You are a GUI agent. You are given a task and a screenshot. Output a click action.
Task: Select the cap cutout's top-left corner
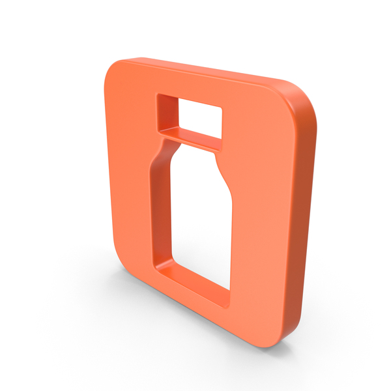[158, 96]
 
